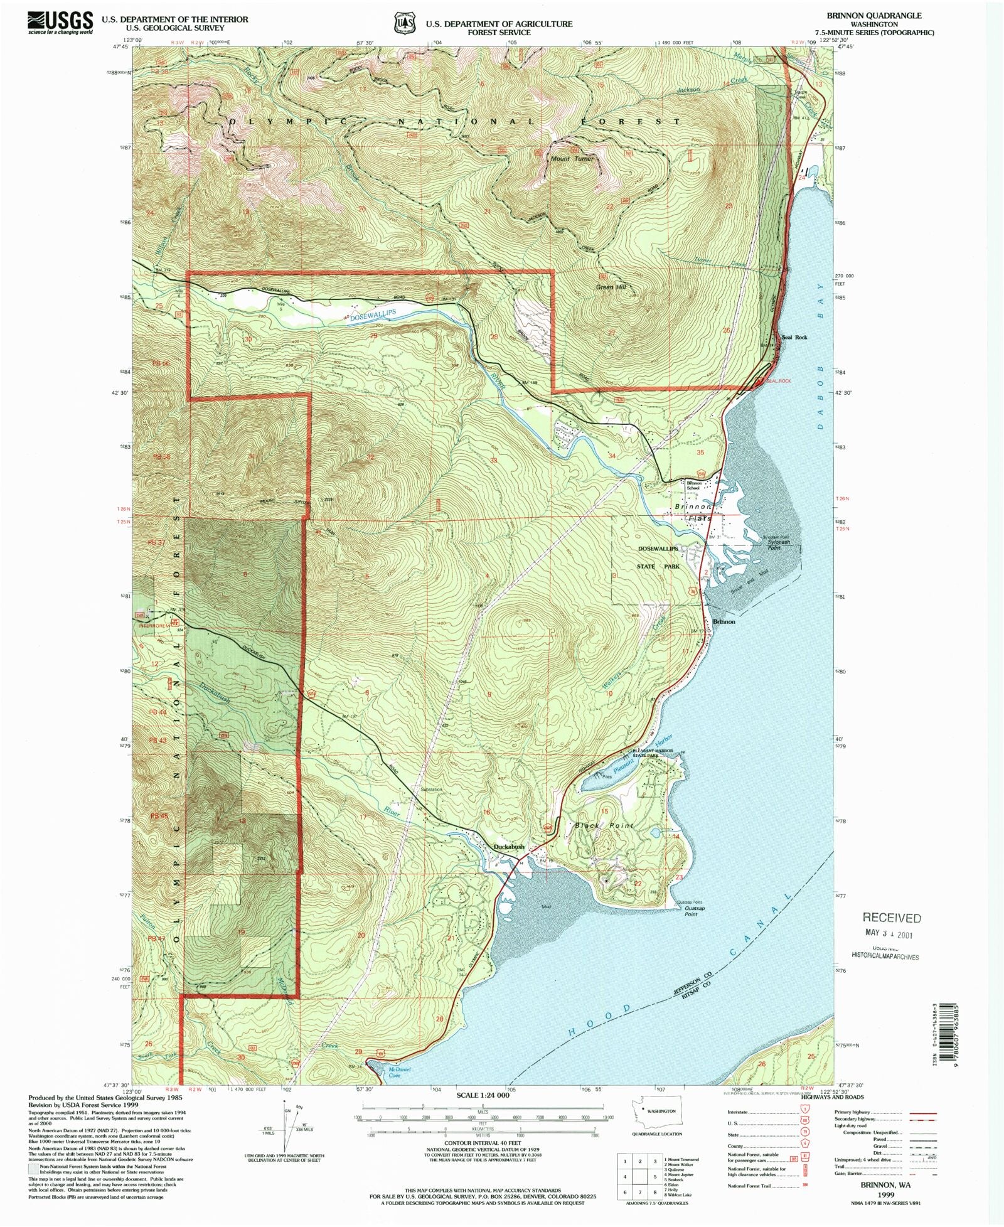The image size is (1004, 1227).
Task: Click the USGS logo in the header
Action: [x=60, y=23]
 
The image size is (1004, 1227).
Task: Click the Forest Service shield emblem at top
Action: [x=405, y=23]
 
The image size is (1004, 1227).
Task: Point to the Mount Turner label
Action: [x=572, y=159]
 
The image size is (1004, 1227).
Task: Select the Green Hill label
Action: [x=611, y=287]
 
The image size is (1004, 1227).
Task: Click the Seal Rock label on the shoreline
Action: [x=794, y=337]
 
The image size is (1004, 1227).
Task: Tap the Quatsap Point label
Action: [x=690, y=911]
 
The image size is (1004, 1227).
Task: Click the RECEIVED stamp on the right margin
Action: [x=892, y=918]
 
